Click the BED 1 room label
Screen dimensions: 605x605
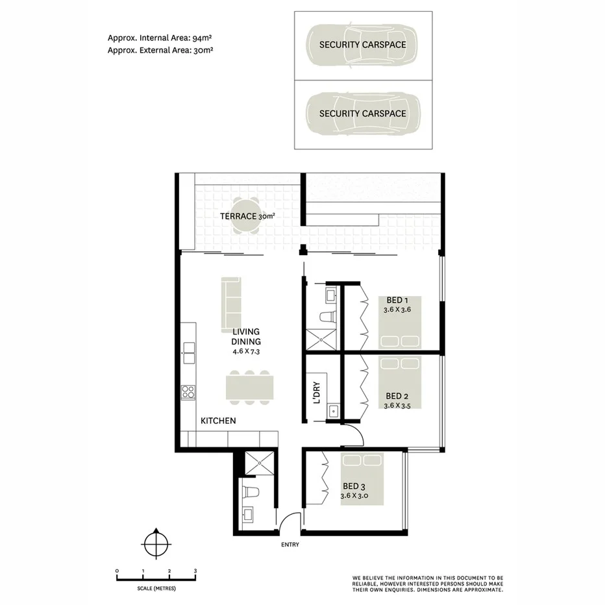(x=397, y=300)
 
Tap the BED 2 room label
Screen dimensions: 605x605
(x=397, y=395)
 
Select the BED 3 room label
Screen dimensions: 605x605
(x=354, y=486)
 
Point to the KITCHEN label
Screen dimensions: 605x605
(x=218, y=421)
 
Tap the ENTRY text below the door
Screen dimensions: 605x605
(x=290, y=545)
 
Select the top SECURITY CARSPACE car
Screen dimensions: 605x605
(x=362, y=45)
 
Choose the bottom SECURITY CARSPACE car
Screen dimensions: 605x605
(x=362, y=113)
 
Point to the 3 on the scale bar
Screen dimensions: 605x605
(x=195, y=571)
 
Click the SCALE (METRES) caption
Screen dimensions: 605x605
(x=156, y=588)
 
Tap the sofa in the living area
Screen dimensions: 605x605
(x=231, y=303)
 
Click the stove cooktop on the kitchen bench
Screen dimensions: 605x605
(x=188, y=391)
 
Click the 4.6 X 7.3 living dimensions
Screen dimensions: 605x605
(x=246, y=351)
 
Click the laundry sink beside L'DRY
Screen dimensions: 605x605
(x=334, y=410)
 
